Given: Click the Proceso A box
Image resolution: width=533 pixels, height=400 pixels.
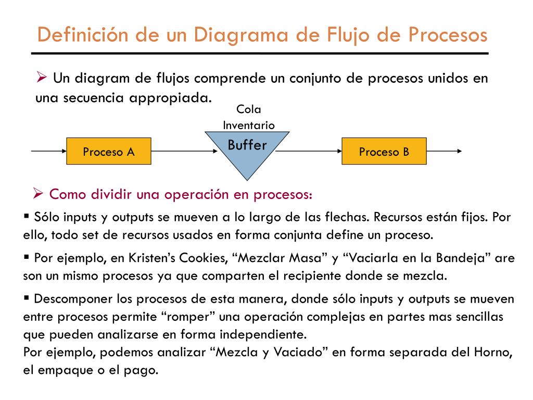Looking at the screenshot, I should [x=109, y=152].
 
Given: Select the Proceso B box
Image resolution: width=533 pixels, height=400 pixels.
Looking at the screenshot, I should [x=384, y=152].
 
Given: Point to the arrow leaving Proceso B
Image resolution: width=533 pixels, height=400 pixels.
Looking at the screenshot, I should [x=444, y=151].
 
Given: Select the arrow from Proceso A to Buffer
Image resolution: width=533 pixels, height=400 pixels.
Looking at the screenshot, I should [x=184, y=151].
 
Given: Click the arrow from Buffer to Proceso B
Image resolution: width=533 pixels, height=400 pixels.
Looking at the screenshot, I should [x=308, y=151].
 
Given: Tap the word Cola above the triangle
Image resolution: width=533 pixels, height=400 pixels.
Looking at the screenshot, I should [x=248, y=109].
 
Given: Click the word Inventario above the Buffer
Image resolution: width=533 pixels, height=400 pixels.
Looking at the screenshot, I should [x=248, y=125].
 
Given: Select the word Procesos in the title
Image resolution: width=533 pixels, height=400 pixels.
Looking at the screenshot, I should [x=447, y=35].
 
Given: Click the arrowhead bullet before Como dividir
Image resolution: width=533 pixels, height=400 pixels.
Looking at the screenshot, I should [x=37, y=193].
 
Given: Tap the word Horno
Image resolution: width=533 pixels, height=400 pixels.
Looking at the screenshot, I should [x=488, y=352].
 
